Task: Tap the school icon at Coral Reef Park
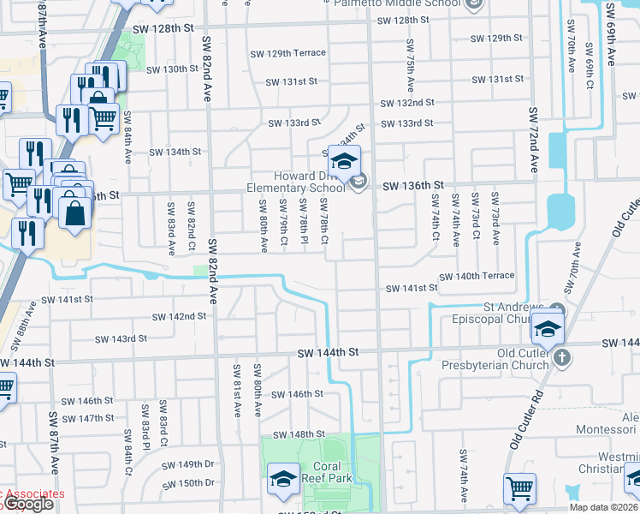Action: [284, 480]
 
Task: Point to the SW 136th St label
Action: [413, 185]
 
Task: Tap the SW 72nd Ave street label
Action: [533, 141]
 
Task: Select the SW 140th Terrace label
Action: [477, 276]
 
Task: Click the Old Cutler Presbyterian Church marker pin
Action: [562, 356]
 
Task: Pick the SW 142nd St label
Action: [179, 317]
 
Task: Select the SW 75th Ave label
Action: [410, 67]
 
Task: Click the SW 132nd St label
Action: [406, 102]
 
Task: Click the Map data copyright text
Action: [603, 507]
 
